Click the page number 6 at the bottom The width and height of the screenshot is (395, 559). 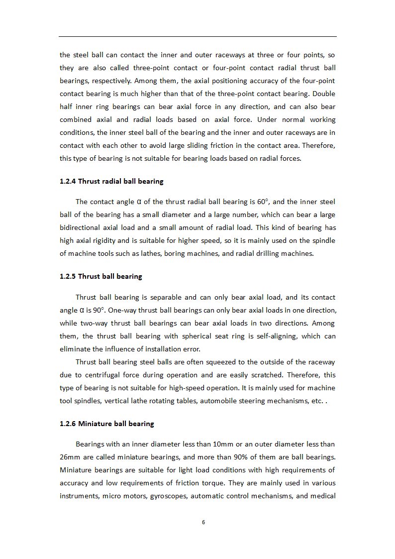point(203,522)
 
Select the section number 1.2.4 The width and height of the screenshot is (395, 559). point(68,181)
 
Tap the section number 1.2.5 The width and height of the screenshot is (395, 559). point(68,276)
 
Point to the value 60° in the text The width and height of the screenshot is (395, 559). point(263,202)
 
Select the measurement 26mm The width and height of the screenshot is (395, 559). point(69,457)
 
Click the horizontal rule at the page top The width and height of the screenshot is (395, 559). point(197,36)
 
